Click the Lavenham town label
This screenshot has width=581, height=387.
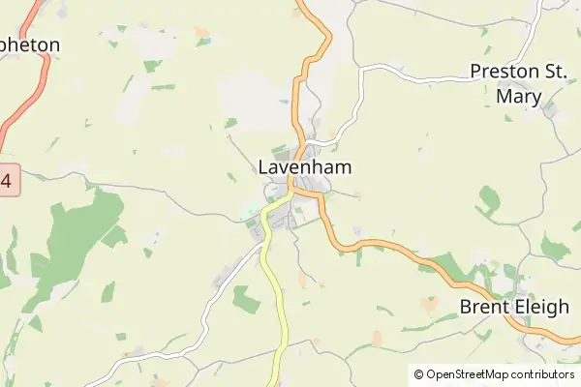coord(304,167)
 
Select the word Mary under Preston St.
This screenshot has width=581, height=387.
coord(518,96)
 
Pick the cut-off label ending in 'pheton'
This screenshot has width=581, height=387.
coord(30,45)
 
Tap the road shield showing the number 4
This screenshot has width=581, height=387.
coord(8,180)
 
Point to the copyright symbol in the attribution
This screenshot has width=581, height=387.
coord(418,374)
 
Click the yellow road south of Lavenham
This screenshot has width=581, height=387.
coord(275,290)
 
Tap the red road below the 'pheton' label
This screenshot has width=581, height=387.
coord(27,97)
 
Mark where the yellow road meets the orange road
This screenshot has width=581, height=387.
coord(291,193)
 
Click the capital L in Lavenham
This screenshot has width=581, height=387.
coord(263,167)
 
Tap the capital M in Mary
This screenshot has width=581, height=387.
coord(503,96)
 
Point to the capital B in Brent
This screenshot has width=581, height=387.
coord(465,308)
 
